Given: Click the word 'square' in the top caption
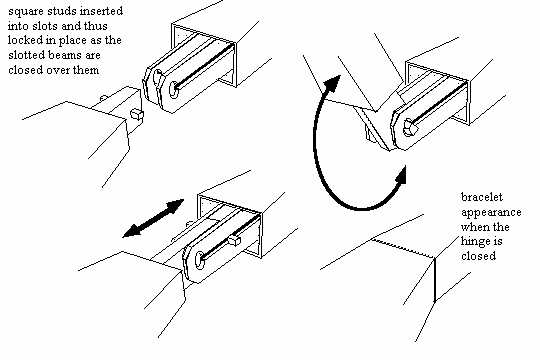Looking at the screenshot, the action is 25,11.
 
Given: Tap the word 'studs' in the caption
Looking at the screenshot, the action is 60,11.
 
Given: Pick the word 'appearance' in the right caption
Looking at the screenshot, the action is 491,213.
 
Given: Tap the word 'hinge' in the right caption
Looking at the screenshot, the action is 474,241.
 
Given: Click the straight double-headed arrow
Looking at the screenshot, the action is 153,218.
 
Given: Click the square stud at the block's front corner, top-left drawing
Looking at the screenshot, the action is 137,114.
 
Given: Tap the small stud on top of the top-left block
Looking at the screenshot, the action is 103,99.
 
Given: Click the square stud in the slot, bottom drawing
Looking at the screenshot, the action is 234,240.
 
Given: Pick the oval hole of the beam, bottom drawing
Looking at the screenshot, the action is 199,260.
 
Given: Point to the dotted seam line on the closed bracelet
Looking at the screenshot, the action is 402,248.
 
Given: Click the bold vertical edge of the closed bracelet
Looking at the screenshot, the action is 435,280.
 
